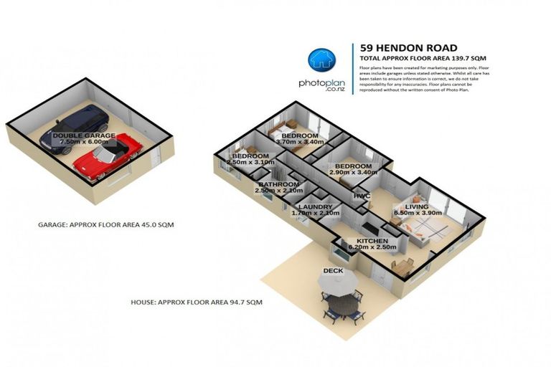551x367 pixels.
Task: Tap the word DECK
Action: click(332, 270)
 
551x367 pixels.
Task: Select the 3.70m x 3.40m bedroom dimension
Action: click(299, 142)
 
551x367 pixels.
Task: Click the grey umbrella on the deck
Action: click(341, 285)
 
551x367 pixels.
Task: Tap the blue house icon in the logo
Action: click(321, 61)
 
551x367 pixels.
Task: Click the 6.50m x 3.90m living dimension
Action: click(408, 214)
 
